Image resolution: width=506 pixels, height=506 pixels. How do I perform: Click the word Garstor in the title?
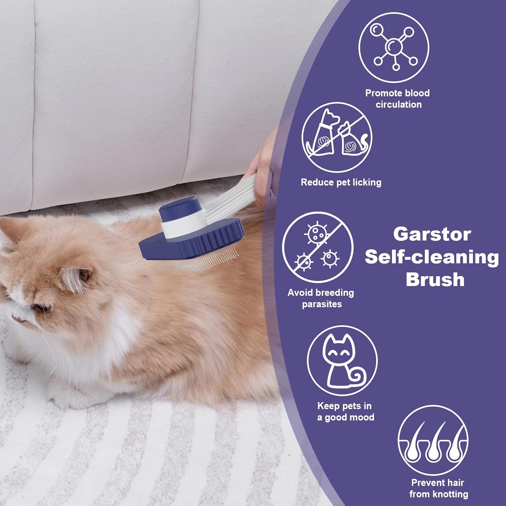pos(432,234)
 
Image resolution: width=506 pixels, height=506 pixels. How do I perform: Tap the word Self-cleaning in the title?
pos(432,257)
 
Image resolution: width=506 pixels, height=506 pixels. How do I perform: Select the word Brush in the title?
pos(435,280)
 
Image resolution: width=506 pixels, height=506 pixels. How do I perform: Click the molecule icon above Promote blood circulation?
pos(394,47)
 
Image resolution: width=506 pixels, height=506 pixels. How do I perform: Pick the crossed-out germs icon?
pos(317,247)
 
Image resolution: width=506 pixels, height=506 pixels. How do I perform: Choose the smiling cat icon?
pos(342,361)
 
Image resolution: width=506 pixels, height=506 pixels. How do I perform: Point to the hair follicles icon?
pos(433,440)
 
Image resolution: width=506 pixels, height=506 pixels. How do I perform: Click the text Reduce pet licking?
pos(341,182)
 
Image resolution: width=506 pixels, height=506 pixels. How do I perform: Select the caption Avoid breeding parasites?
pos(321,298)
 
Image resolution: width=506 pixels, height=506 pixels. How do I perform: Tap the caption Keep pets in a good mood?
pos(345,412)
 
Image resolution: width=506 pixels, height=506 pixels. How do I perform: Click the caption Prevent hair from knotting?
pos(438,488)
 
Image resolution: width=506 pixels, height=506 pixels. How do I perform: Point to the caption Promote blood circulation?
pos(397,99)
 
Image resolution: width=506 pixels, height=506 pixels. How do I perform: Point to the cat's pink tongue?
pos(16,317)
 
